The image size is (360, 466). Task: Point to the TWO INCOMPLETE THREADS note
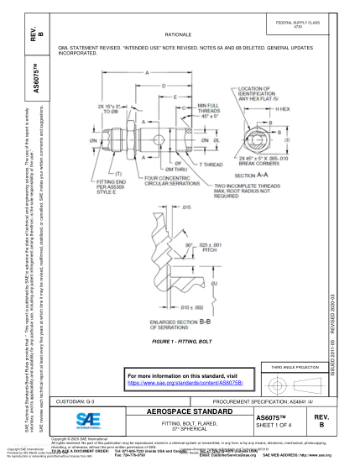coord(244,190)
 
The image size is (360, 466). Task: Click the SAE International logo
coord(85,420)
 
